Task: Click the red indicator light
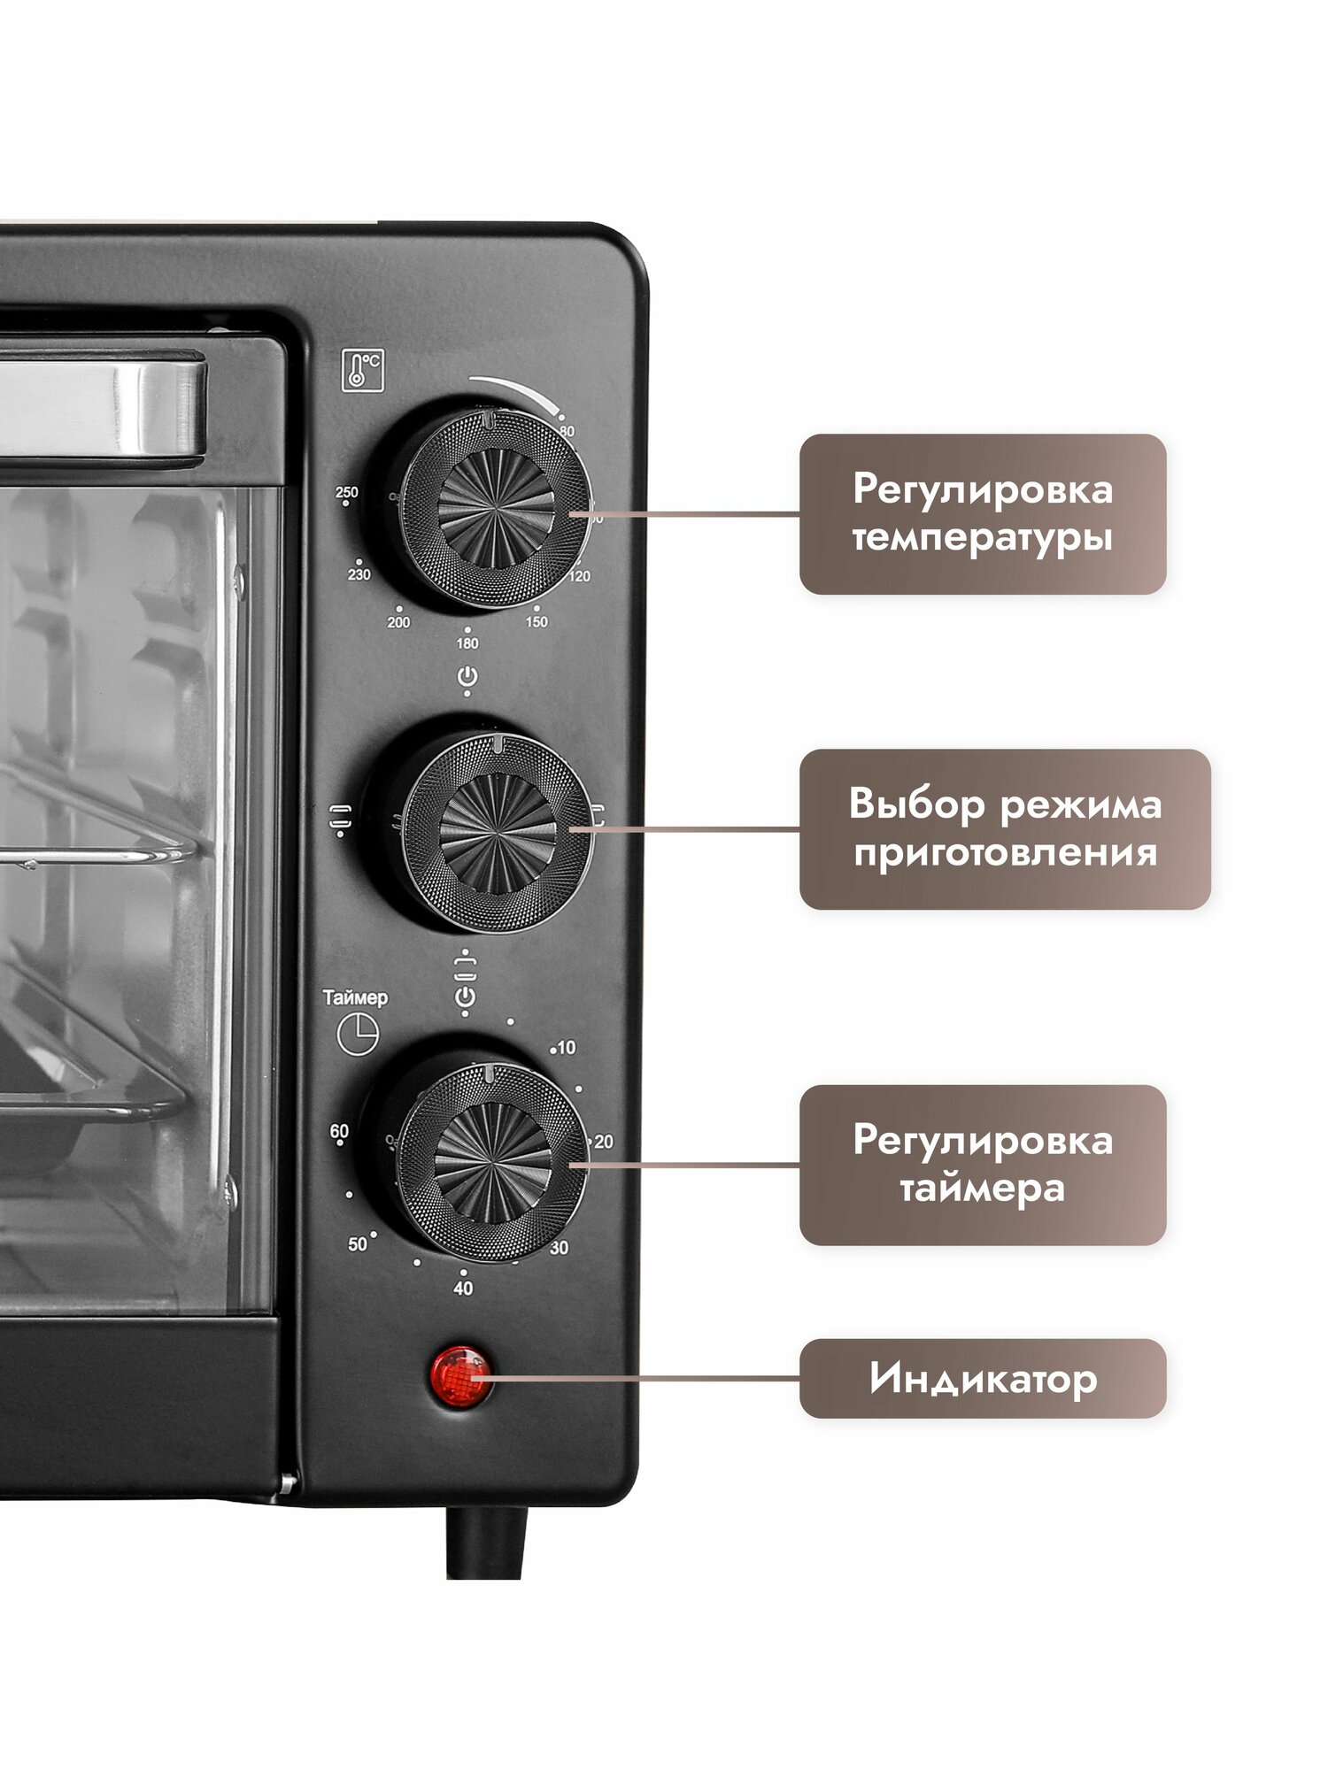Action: pyautogui.click(x=460, y=1377)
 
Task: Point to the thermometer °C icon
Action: pyautogui.click(x=363, y=370)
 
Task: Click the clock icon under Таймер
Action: pyautogui.click(x=358, y=1034)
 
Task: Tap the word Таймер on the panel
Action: pyautogui.click(x=355, y=997)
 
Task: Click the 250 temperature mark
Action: pyautogui.click(x=347, y=493)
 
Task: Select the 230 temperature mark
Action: pyautogui.click(x=359, y=574)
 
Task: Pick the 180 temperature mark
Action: pyautogui.click(x=467, y=643)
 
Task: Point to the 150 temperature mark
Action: pyautogui.click(x=537, y=621)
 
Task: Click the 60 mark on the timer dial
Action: pyautogui.click(x=339, y=1131)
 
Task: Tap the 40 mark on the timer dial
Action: pyautogui.click(x=463, y=1289)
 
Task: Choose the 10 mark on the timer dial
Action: pyautogui.click(x=566, y=1048)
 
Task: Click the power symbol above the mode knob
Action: pyautogui.click(x=467, y=678)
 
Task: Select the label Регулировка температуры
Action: pyautogui.click(x=983, y=513)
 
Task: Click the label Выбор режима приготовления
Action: pyautogui.click(x=1005, y=829)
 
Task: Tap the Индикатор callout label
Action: pyautogui.click(x=983, y=1379)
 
